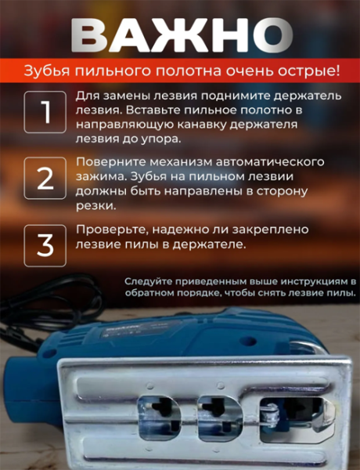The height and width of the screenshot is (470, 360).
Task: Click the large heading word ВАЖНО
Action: coord(180,34)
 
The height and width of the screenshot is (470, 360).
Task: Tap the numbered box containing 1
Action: coord(45,112)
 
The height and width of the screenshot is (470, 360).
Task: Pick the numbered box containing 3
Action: coord(45,245)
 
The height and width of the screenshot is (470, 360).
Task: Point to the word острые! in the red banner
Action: coord(312,71)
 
